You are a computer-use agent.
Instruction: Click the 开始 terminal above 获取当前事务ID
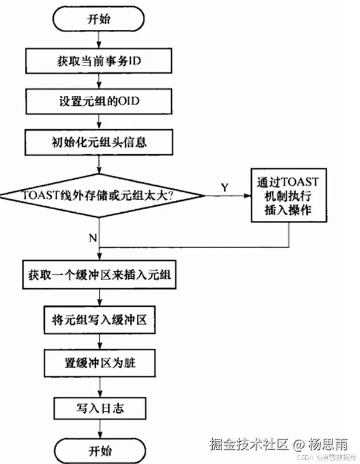[x=98, y=19]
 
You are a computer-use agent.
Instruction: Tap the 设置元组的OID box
[x=98, y=100]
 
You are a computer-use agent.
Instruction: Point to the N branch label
[x=92, y=238]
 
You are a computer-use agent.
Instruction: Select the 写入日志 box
[x=99, y=408]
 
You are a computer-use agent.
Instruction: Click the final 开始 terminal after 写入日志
[x=98, y=451]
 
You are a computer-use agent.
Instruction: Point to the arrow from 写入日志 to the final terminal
[x=98, y=430]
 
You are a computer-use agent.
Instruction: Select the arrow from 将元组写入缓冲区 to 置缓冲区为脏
[x=98, y=342]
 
